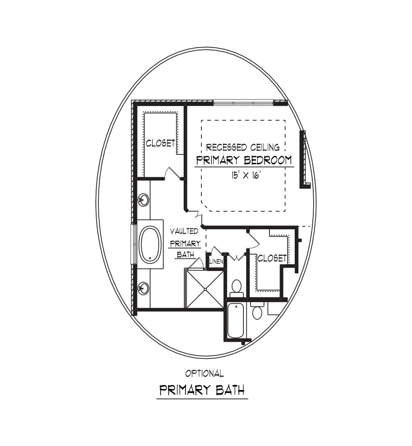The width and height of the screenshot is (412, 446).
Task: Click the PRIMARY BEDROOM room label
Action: point(244,160)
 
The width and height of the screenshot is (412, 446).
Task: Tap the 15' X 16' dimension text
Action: point(246,175)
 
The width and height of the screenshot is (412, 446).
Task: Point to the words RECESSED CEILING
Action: point(243,147)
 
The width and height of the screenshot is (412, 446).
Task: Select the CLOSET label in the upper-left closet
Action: point(160,143)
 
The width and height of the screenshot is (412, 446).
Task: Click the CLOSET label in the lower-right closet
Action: point(272,258)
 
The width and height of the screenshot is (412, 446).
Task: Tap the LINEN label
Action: point(216,261)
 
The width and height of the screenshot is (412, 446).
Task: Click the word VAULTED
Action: point(184,231)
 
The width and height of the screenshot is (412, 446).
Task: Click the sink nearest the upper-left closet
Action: point(144,199)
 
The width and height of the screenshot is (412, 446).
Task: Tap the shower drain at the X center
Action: point(205,289)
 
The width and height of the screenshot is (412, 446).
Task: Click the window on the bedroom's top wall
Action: point(243,103)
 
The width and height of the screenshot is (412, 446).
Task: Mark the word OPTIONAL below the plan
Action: point(204,374)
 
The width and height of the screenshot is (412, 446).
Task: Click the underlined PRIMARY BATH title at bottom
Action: point(202,390)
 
